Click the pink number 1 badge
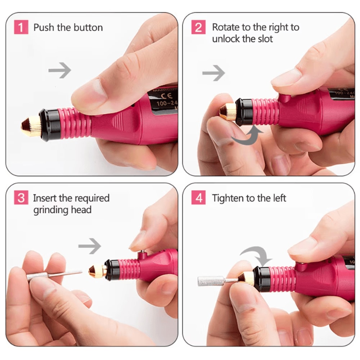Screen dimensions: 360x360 21,28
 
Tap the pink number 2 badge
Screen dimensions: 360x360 198,28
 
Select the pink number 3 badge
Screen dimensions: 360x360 21,198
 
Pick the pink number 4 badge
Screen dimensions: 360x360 198,198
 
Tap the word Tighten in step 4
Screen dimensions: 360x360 227,198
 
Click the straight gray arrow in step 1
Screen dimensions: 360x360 59,70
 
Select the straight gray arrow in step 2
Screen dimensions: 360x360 213,73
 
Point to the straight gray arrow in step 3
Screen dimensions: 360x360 90,246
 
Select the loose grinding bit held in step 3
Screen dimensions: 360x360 54,275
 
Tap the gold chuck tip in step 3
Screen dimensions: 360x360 98,271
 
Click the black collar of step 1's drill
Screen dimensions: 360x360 50,125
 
